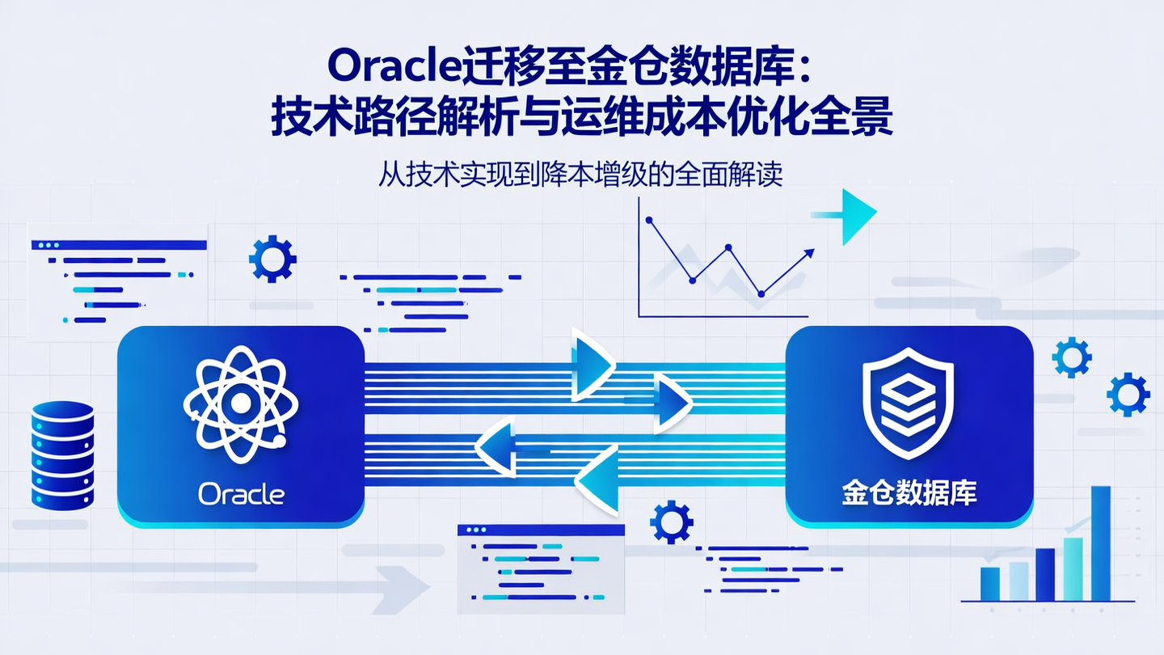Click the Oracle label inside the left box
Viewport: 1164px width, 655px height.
241,493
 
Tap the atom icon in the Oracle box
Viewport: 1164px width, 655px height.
241,403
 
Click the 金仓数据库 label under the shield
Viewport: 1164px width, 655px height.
909,493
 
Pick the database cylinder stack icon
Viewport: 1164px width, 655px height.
63,454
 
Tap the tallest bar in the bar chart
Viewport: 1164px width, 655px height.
1100,543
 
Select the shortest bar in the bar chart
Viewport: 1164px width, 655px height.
989,584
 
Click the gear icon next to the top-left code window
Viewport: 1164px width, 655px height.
272,259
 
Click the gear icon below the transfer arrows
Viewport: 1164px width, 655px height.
672,522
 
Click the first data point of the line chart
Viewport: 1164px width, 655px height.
649,219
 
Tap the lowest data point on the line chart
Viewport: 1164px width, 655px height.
761,294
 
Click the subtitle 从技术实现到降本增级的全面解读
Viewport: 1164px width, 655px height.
580,175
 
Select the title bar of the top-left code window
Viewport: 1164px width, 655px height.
119,244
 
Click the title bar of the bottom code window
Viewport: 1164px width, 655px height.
541,530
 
